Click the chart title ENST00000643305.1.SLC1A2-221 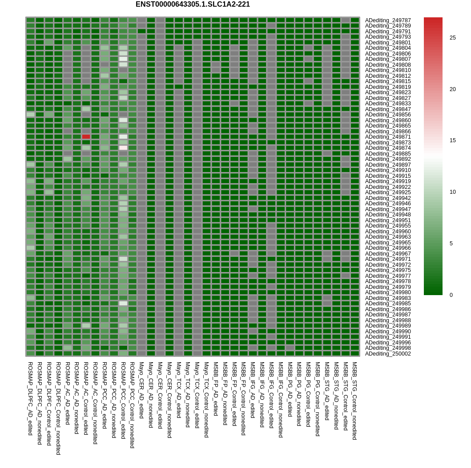click(x=193, y=4)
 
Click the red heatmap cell click(x=86, y=137)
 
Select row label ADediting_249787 click(x=388, y=20)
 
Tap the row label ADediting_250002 click(x=388, y=354)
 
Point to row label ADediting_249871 click(x=388, y=137)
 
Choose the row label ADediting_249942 click(x=388, y=198)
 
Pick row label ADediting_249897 click(x=388, y=165)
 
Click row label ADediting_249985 click(x=388, y=304)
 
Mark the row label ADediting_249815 click(x=388, y=81)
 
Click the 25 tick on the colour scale click(x=452, y=38)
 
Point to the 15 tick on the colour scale click(x=452, y=140)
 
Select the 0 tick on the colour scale click(x=451, y=295)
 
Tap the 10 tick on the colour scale click(x=452, y=192)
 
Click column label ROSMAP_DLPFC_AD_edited click(x=30, y=398)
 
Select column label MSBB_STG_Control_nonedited click(x=354, y=400)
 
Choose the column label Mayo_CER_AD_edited click(x=141, y=390)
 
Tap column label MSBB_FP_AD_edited click(x=216, y=388)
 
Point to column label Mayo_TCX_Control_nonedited click(x=206, y=400)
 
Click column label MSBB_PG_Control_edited click(x=308, y=394)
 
